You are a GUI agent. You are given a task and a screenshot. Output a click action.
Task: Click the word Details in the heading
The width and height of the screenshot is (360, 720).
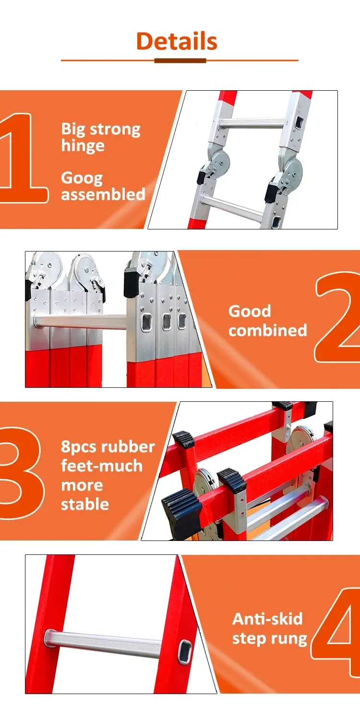[x=177, y=41]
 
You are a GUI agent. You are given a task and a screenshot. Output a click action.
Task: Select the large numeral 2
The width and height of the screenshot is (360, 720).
[x=337, y=317]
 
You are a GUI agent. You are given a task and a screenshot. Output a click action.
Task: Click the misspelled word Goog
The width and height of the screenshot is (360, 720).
[x=82, y=179]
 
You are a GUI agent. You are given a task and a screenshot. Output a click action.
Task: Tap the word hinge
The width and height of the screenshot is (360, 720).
[x=83, y=145]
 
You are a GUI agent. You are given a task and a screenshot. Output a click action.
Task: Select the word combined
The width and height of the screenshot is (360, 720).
[x=268, y=330]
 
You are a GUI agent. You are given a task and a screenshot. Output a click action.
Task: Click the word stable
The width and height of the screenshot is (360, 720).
[x=85, y=504]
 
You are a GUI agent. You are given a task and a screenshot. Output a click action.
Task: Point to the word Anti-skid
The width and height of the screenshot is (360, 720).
[x=267, y=619]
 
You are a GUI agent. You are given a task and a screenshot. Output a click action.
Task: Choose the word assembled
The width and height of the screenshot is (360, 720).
[x=103, y=194]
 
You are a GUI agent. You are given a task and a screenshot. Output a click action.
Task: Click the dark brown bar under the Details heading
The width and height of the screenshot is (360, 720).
[x=180, y=60]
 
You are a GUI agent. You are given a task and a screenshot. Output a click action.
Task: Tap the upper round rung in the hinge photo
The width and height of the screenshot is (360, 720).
[x=253, y=123]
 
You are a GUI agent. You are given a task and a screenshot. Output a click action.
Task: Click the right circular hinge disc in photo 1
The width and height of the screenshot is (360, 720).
[x=293, y=169]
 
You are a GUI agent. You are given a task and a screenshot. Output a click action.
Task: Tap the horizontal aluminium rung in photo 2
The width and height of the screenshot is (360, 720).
[x=80, y=322]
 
